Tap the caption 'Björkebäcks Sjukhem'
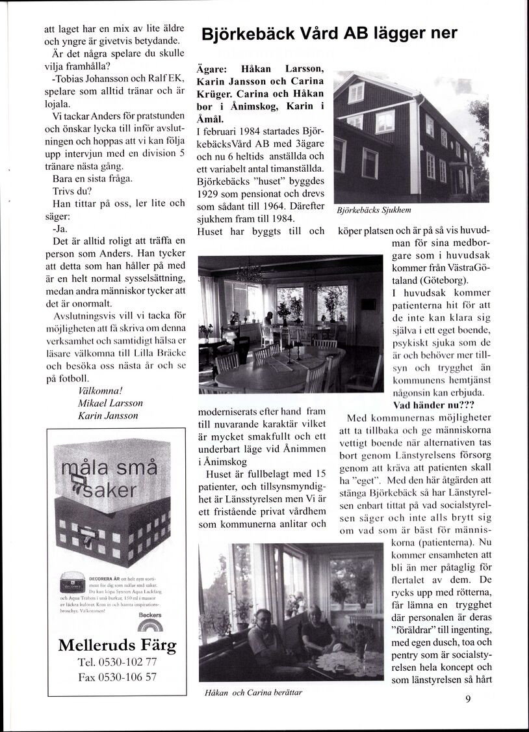[x=374, y=210]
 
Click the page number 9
[x=468, y=700]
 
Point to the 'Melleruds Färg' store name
[x=117, y=645]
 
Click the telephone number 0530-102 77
[x=117, y=662]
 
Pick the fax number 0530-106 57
[x=117, y=677]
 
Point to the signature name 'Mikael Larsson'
[x=110, y=403]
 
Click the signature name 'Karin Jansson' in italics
[x=108, y=416]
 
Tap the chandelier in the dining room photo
[x=249, y=273]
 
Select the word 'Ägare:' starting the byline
[x=211, y=70]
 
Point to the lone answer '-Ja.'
[x=62, y=229]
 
